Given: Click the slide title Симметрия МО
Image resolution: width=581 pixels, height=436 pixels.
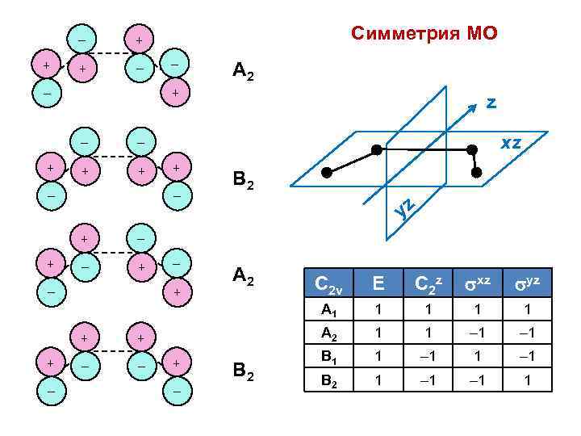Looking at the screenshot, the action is [424, 33].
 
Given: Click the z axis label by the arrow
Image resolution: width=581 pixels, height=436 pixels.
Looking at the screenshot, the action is [490, 103].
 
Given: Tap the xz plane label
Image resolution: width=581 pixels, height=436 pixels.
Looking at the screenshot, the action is [511, 142].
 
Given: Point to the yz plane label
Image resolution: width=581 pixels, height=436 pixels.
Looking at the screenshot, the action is [406, 208].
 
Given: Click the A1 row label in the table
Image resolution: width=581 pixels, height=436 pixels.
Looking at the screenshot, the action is [330, 309].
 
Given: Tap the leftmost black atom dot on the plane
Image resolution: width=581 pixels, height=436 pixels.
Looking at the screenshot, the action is [326, 173].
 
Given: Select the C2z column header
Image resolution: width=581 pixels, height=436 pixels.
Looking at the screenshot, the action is [428, 283].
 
